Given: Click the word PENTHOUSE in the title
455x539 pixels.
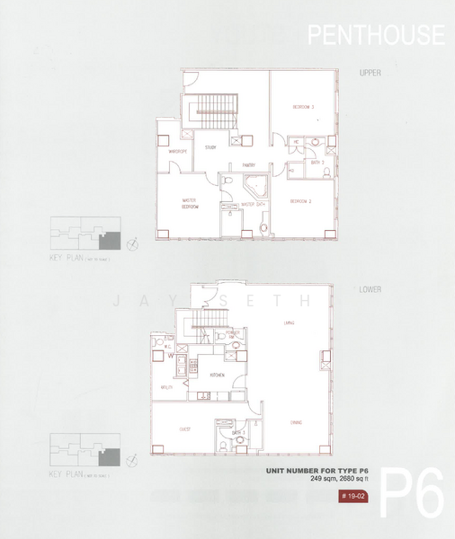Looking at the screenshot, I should tap(376, 35).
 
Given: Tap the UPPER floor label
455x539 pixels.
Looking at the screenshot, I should tap(371, 73).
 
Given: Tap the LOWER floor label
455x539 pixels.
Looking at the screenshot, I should tap(371, 290).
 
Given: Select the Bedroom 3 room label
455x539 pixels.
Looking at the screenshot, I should tap(302, 107).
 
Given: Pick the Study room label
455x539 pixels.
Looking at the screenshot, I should tap(210, 147).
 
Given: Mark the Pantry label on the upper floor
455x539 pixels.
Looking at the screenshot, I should tap(249, 165).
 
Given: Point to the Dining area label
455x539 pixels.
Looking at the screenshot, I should tap(296, 421).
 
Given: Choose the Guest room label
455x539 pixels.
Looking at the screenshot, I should tap(185, 429).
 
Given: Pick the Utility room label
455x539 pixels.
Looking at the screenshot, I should tap(166, 386).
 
